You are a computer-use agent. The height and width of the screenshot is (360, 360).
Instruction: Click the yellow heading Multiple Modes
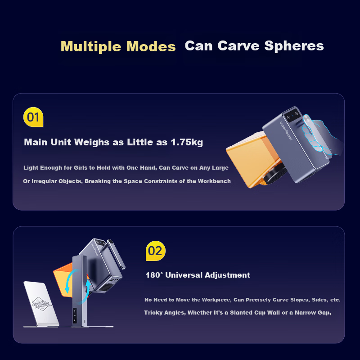118,47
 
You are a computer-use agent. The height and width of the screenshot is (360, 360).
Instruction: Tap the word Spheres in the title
294,46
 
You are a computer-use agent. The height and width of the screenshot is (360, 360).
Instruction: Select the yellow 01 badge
33,117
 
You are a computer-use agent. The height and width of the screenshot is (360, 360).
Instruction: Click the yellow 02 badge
156,251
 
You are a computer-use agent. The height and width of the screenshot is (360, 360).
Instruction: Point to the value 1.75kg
187,142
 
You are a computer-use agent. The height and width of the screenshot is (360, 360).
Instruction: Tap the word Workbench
214,181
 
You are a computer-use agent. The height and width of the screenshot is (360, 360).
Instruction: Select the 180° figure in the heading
154,275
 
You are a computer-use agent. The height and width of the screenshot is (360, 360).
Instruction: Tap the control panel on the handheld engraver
292,115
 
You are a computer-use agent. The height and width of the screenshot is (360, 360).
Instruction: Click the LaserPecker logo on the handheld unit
286,130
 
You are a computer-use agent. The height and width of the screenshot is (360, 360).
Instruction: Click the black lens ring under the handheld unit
275,175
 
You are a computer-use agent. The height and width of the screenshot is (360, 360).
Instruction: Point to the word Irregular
44,181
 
